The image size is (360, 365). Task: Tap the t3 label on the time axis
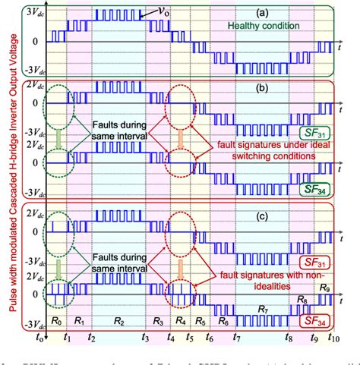(x=144, y=337)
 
